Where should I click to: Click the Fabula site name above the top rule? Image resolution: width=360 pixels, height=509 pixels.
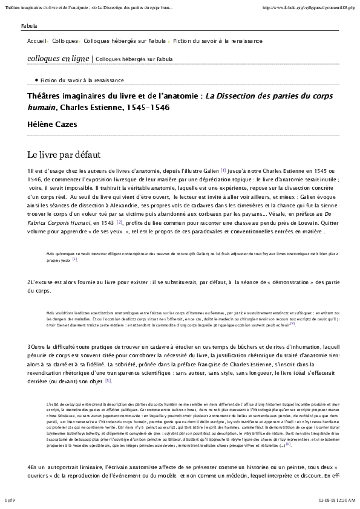(28, 27)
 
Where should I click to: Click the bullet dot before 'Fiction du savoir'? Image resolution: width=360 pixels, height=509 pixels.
(37, 80)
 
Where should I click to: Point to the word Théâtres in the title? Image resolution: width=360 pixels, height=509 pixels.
(46, 96)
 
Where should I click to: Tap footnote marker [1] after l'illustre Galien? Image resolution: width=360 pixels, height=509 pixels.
(223, 170)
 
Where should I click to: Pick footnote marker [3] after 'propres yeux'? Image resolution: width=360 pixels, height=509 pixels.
(75, 259)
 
